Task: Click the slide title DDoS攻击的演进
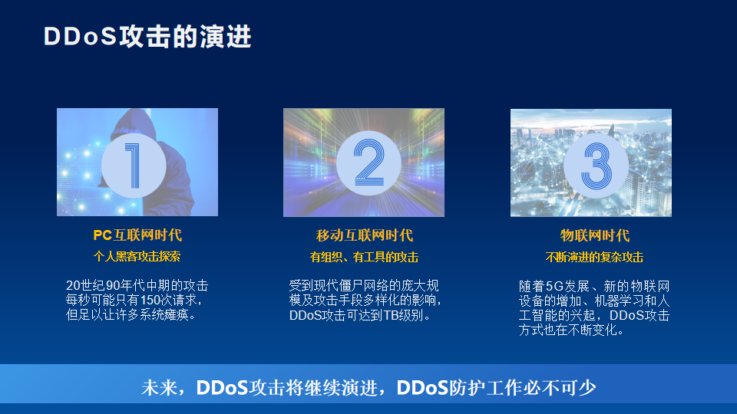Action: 147,37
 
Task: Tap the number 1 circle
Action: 134,166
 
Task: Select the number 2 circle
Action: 368,163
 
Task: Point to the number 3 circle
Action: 596,166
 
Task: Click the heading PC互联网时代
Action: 137,235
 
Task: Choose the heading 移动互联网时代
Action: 364,235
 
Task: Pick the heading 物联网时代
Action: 594,235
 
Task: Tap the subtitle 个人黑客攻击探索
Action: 137,256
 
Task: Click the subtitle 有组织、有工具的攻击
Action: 364,258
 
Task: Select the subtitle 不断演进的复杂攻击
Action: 594,258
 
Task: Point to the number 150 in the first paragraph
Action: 151,300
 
